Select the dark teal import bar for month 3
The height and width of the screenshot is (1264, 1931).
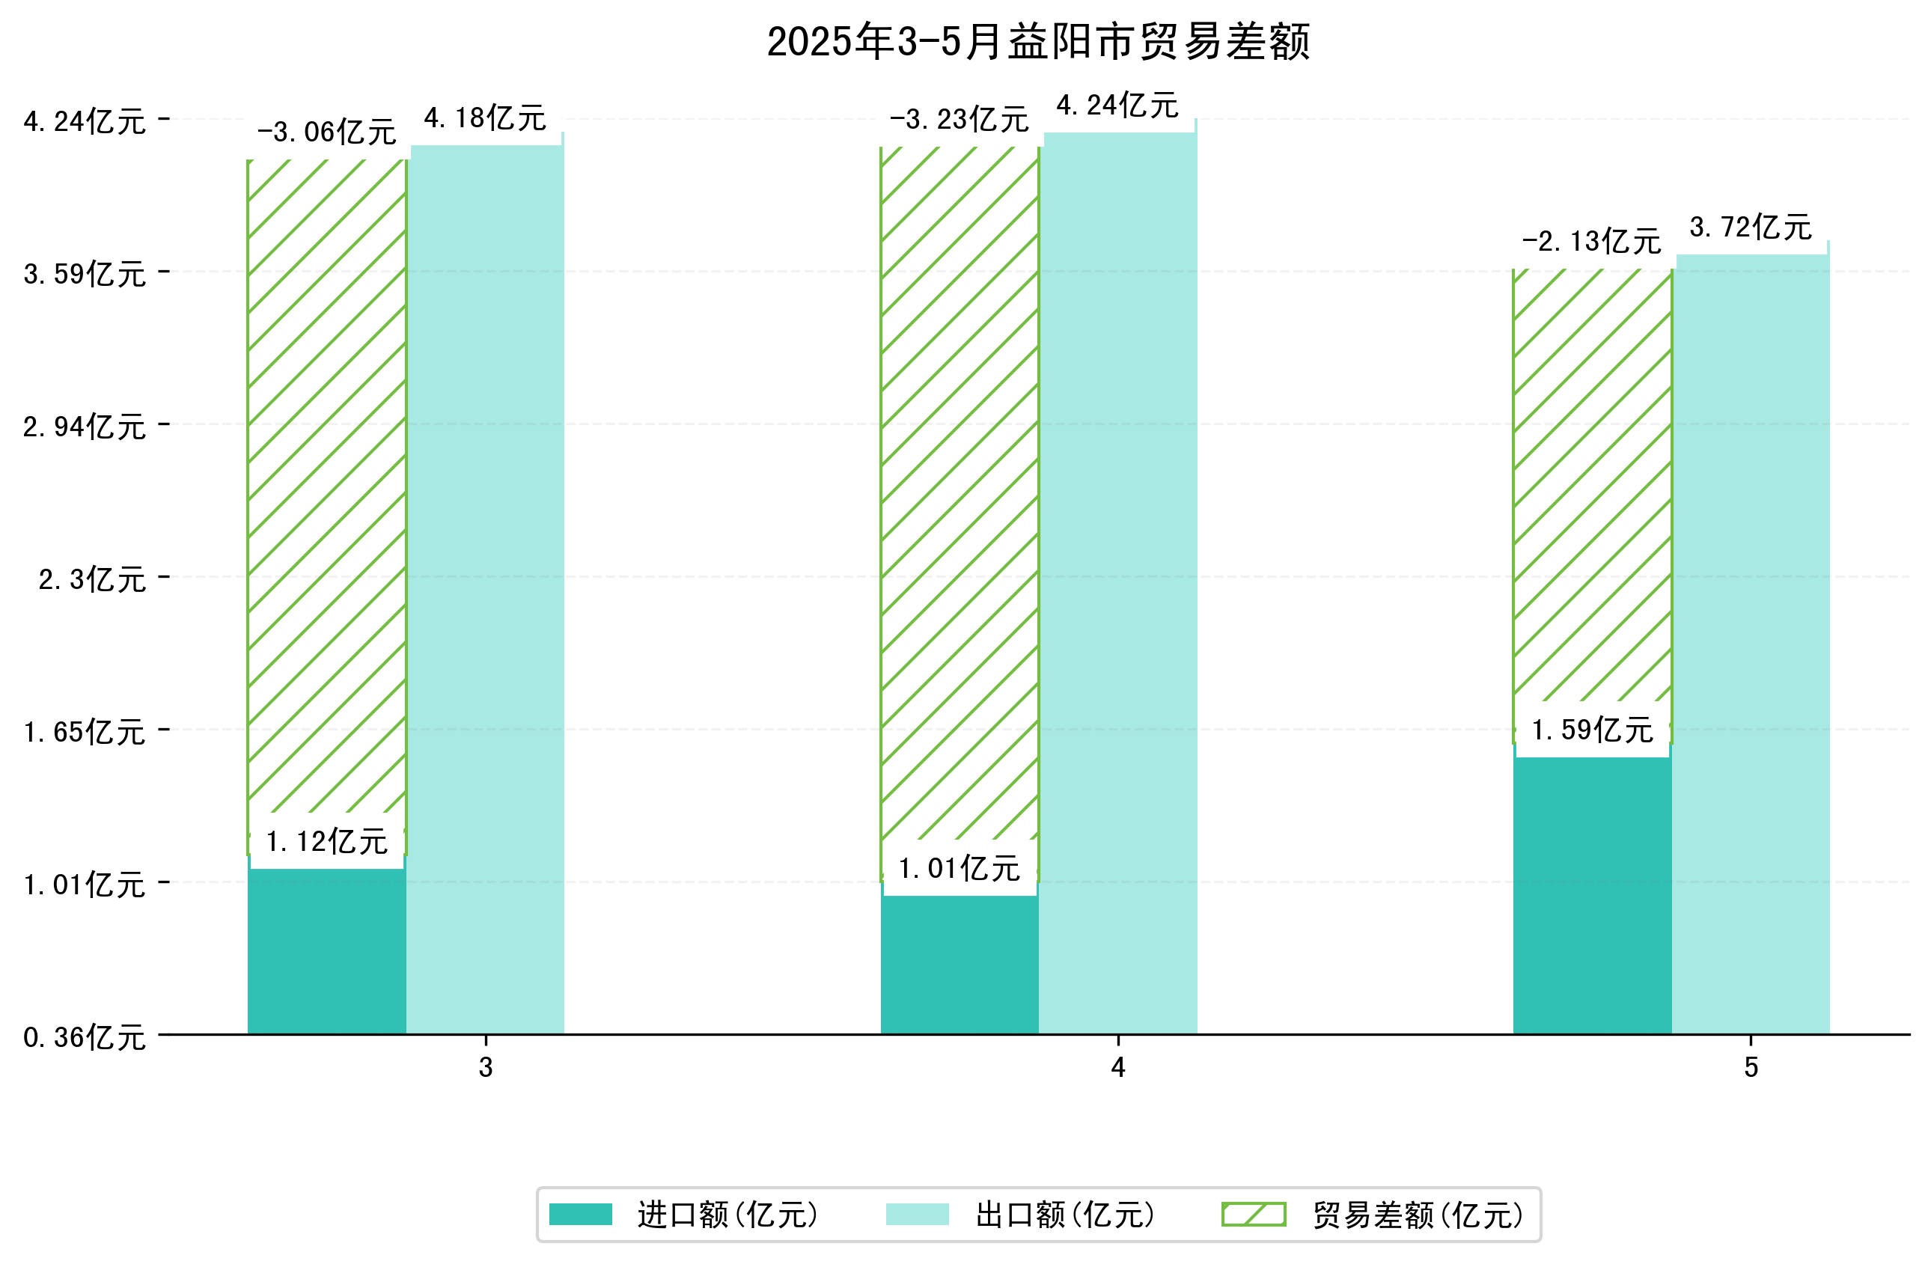(326, 953)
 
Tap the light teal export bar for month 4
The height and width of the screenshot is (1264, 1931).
(1118, 584)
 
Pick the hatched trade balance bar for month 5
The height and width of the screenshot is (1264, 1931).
(1592, 486)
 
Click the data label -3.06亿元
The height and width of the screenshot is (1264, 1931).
(326, 132)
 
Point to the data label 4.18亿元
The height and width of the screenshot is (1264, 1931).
(485, 118)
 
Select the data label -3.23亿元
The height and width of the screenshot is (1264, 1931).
(959, 119)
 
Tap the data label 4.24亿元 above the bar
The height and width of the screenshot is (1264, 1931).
(1117, 106)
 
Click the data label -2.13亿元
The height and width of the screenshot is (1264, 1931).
(1591, 241)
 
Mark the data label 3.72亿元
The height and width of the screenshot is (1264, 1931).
(1750, 228)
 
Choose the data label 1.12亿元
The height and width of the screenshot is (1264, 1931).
(326, 841)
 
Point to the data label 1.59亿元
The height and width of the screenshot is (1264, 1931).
(1591, 730)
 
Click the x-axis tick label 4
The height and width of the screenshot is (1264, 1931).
(1118, 1069)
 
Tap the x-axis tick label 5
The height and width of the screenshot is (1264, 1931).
(1751, 1069)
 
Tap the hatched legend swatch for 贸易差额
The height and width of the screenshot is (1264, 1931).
(1254, 1215)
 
